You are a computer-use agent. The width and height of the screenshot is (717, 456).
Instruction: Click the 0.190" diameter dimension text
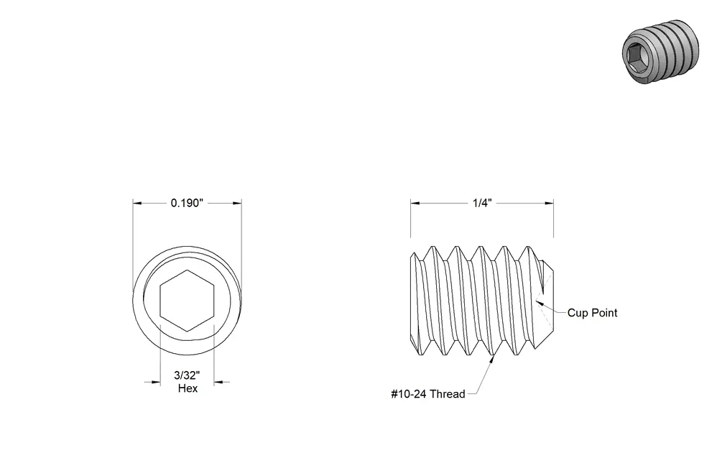[x=187, y=203]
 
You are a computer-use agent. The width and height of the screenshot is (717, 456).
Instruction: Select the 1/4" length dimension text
[x=482, y=203]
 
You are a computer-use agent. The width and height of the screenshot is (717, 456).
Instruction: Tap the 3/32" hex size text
[x=187, y=375]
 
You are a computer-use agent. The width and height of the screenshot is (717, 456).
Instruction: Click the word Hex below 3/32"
[x=188, y=388]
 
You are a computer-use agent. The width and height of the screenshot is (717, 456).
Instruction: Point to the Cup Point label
[x=592, y=313]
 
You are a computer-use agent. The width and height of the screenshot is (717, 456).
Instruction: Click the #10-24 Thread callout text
[x=427, y=393]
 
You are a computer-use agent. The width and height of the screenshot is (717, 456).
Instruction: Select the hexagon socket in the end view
[x=187, y=301]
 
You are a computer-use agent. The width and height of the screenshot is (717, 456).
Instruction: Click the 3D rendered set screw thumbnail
[x=660, y=52]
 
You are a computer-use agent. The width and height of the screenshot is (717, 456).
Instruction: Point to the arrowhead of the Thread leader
[x=492, y=359]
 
